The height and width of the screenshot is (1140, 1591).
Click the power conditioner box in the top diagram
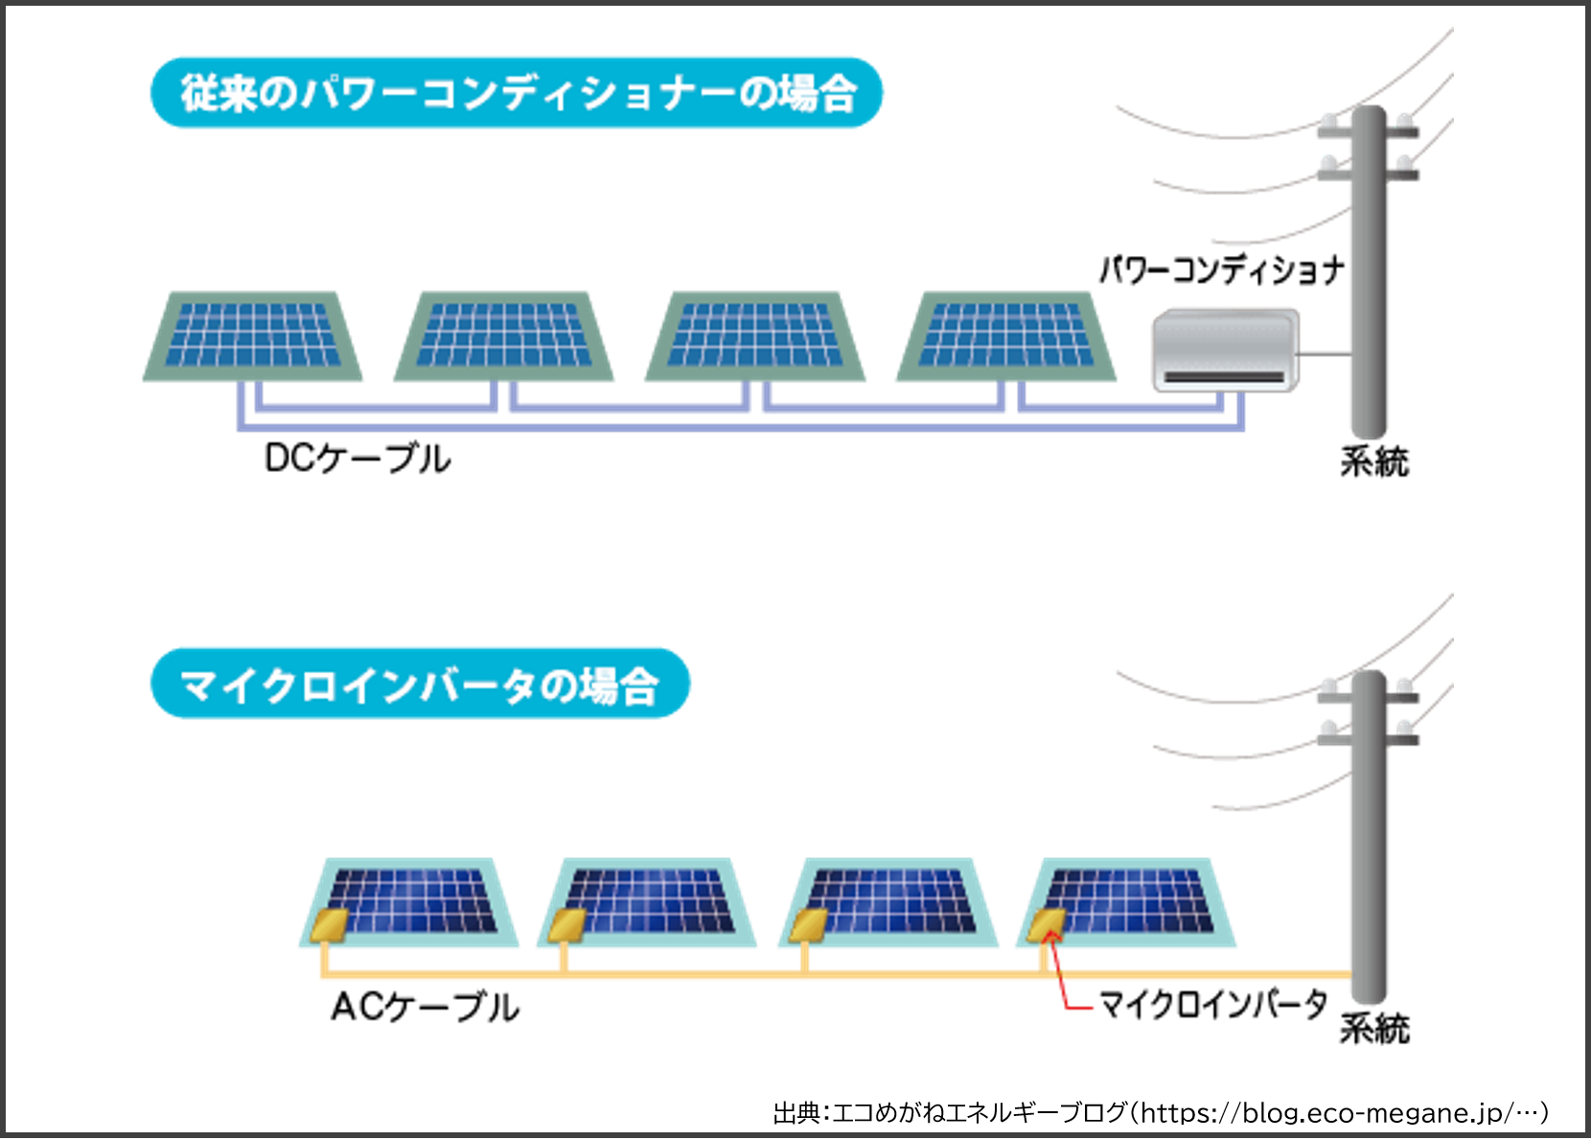tap(1225, 349)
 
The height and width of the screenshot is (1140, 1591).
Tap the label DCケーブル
tap(357, 458)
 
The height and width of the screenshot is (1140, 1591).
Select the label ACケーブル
tap(425, 1007)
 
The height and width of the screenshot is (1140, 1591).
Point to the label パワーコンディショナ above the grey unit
tap(1221, 270)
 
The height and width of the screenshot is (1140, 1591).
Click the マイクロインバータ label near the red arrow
tap(1211, 1005)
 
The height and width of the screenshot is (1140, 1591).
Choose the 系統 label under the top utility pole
tap(1374, 462)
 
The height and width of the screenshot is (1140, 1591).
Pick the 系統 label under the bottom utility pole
tap(1374, 1029)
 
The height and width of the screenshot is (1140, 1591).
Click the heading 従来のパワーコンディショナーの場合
tap(517, 93)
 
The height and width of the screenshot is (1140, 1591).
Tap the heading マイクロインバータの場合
tap(420, 685)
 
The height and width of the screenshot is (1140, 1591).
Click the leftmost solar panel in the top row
tap(253, 336)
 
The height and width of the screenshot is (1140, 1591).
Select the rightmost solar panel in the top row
tap(1006, 336)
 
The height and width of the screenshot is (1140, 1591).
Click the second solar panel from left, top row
tap(504, 336)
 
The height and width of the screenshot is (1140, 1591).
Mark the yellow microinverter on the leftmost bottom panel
tap(329, 925)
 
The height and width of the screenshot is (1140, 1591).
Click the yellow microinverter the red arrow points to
tap(1045, 924)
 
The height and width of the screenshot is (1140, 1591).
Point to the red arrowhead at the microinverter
tap(1051, 935)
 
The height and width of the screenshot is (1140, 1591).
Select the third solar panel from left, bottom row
tap(889, 901)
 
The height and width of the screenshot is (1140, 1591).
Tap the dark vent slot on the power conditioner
tap(1224, 377)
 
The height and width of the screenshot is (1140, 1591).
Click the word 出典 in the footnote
tap(796, 1113)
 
